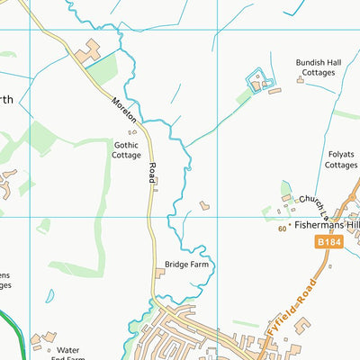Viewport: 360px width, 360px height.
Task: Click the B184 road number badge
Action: click(x=330, y=243)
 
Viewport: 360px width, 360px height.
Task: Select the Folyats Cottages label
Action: click(x=340, y=159)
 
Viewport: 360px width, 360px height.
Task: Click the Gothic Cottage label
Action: click(x=127, y=149)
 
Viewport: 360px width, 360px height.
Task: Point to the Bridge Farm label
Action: click(x=186, y=265)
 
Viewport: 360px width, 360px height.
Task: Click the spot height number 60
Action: click(x=282, y=230)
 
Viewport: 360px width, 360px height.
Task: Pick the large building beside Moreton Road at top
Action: click(x=88, y=53)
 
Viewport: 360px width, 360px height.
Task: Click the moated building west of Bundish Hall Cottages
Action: click(x=259, y=84)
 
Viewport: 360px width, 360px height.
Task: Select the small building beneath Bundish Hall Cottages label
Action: click(x=301, y=80)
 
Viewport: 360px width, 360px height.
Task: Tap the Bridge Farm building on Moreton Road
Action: click(x=160, y=273)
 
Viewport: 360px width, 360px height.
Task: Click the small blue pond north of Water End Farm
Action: click(x=49, y=295)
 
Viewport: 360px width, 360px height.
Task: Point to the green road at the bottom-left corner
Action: click(x=11, y=333)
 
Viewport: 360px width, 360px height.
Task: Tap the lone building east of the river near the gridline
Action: click(x=204, y=206)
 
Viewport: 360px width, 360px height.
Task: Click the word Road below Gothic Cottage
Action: click(x=151, y=173)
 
